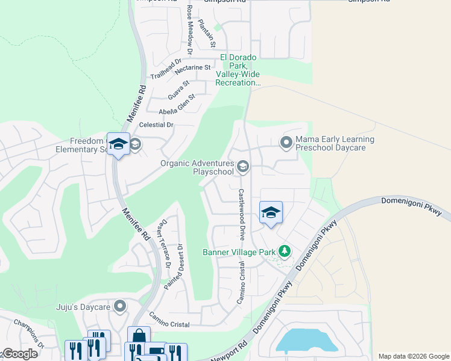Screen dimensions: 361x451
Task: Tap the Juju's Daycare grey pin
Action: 120,306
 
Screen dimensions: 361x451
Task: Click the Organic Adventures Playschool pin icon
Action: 242,166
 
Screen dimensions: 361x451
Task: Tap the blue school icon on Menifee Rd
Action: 118,144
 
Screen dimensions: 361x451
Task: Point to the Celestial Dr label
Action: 156,125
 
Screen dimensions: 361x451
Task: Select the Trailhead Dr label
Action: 166,69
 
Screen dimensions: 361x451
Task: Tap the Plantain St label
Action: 207,33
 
